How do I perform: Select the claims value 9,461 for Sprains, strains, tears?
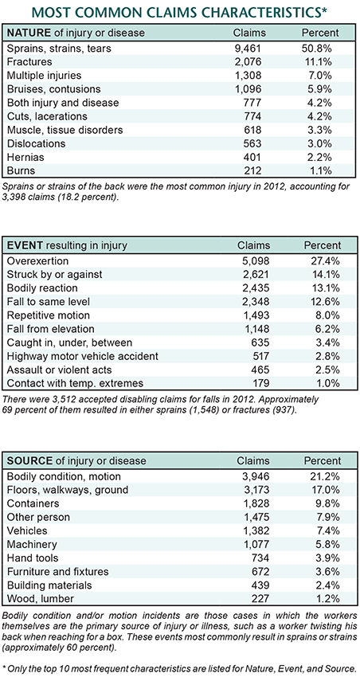[x=250, y=49]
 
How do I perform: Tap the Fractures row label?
[x=30, y=61]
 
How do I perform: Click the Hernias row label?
[x=25, y=157]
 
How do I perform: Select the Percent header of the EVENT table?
[x=323, y=245]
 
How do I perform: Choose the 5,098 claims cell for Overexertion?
[x=255, y=261]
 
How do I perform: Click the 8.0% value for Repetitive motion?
[x=329, y=315]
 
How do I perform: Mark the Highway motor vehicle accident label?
[x=83, y=357]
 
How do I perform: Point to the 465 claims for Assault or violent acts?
[x=260, y=370]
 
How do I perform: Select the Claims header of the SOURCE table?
[x=253, y=460]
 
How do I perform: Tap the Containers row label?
[x=33, y=503]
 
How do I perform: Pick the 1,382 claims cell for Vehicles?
[x=255, y=530]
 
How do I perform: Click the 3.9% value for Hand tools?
[x=329, y=558]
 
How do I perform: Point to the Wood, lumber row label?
[x=41, y=598]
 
